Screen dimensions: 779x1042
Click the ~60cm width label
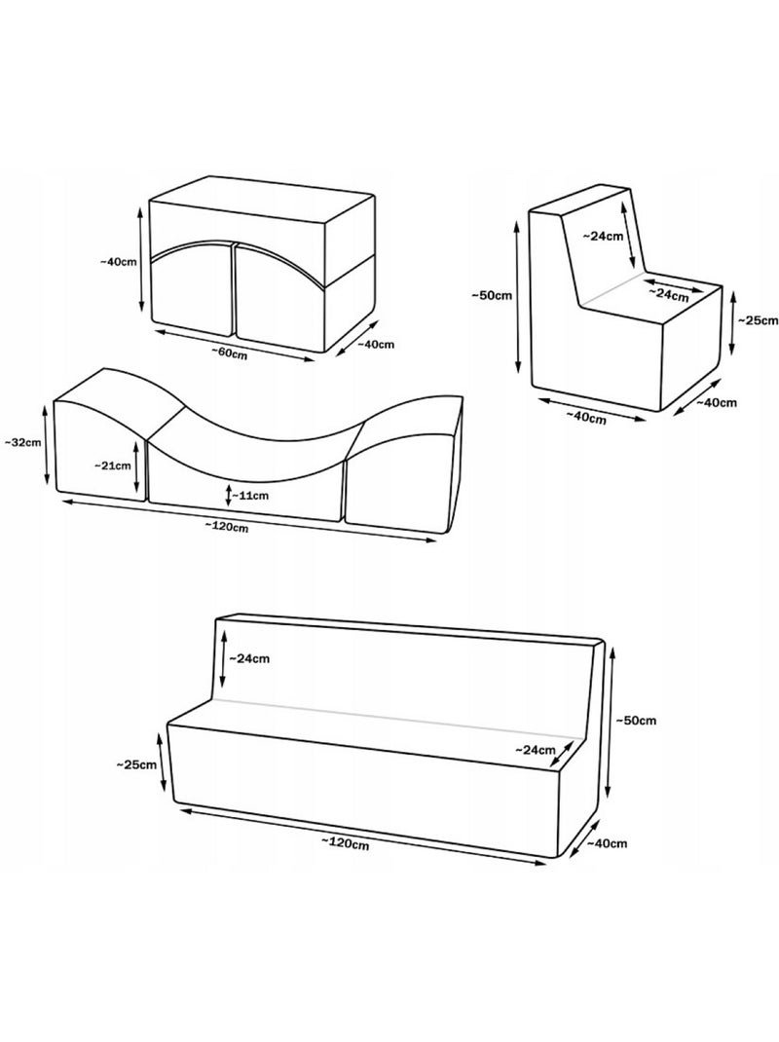[230, 353]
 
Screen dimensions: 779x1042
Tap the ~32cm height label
[22, 441]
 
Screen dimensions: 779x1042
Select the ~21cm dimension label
[113, 465]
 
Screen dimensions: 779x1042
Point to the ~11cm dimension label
[252, 495]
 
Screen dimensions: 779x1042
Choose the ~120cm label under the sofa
[346, 843]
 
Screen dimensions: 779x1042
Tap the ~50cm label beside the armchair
[492, 295]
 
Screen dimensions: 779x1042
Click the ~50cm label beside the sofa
[636, 721]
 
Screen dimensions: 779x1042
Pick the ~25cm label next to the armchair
[758, 320]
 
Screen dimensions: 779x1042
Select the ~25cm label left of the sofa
[136, 764]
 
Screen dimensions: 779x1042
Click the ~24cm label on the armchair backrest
[603, 236]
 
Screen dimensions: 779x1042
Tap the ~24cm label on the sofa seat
[535, 750]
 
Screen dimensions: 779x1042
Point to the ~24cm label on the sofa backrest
[249, 658]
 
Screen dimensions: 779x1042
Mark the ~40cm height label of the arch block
[119, 261]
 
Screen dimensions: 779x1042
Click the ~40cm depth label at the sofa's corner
[607, 843]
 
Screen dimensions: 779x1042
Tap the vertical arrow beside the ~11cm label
[228, 494]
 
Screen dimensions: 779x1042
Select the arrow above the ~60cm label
[234, 343]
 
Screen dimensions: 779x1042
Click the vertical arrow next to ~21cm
[136, 465]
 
